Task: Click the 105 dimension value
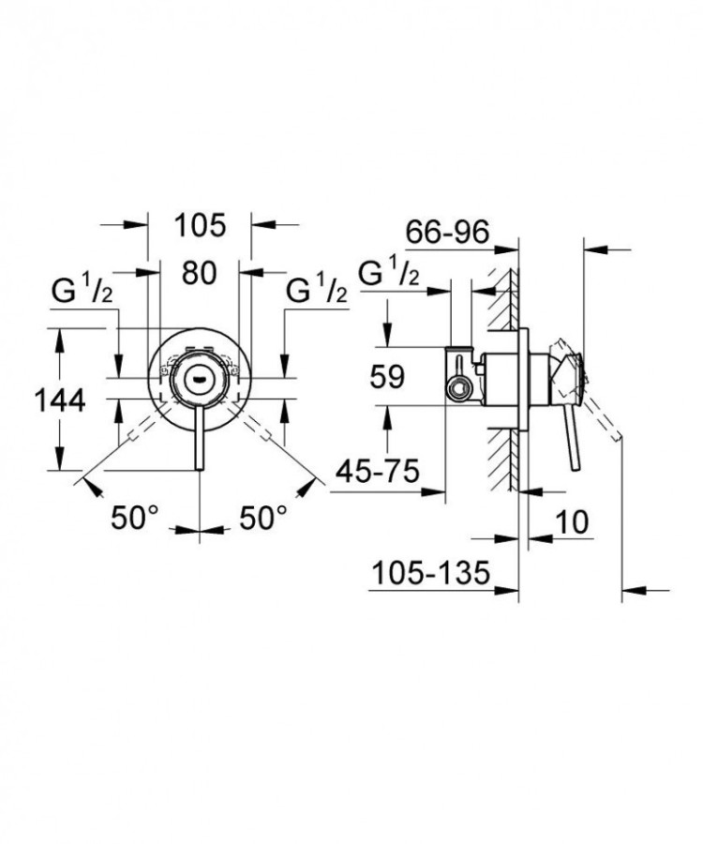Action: pos(201,225)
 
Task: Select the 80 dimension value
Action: pos(200,273)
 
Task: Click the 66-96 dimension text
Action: pos(447,231)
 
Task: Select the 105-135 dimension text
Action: pos(431,571)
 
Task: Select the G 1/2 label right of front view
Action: pos(316,293)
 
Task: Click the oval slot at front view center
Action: pos(200,378)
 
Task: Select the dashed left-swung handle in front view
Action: pos(141,427)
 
